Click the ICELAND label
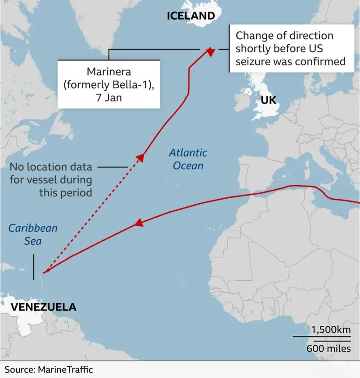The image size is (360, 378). coord(191,16)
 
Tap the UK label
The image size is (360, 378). coord(268,100)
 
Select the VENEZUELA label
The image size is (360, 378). coord(43,307)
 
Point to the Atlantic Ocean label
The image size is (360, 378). coord(188,159)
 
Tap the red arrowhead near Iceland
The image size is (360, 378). coord(210,52)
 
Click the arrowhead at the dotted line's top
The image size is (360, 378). coord(140,157)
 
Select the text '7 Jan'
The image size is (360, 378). coord(109,97)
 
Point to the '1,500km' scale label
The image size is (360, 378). coord(331,329)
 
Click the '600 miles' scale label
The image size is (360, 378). coord(329,348)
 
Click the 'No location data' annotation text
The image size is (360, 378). coord(51,167)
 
